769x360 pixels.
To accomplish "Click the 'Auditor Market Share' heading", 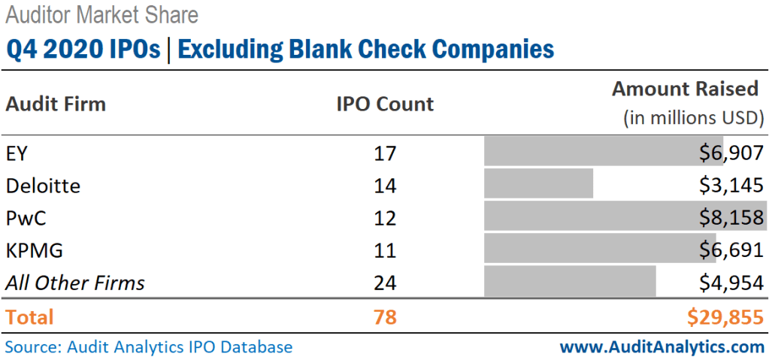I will click(x=102, y=14).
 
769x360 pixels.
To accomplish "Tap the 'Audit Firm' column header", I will click(x=56, y=104).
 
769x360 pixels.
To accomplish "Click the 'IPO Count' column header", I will click(x=385, y=104).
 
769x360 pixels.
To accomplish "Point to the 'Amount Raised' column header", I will click(x=685, y=89).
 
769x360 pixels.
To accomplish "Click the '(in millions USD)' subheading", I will click(x=692, y=118).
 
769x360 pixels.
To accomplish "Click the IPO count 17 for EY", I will click(x=385, y=153).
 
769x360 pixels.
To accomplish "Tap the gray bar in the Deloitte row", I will click(x=538, y=184).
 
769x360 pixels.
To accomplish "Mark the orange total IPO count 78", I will click(x=385, y=317).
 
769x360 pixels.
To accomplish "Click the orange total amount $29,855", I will click(x=725, y=317).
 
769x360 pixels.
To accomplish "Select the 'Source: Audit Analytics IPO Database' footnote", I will click(x=149, y=346).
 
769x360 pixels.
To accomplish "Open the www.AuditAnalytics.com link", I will click(x=662, y=346).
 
